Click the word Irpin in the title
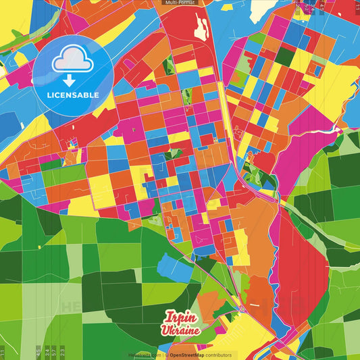point(180,318)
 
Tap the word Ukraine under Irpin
point(180,330)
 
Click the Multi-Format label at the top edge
point(180,3)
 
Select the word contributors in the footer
point(219,355)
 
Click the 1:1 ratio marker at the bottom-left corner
point(3,351)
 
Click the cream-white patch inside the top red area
point(201,27)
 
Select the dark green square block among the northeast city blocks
point(284,57)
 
